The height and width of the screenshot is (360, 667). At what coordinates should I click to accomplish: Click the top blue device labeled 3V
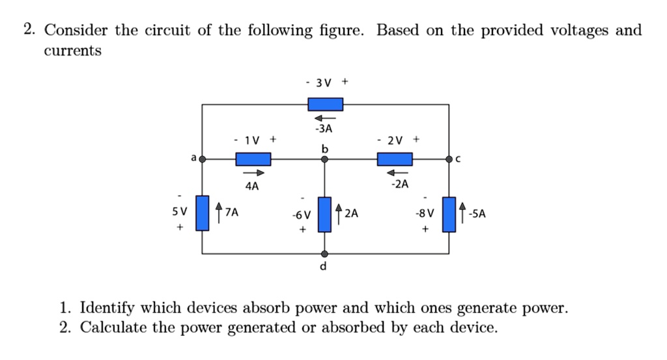point(325,104)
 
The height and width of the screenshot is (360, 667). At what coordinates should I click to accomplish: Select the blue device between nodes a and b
point(253,159)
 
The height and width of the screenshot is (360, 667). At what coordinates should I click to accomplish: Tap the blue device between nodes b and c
point(395,159)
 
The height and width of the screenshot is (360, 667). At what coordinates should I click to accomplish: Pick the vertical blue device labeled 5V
point(203,213)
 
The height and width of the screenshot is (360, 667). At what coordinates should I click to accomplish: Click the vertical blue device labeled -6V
point(325,214)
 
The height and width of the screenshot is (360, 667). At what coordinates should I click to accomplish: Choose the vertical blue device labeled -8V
point(449,214)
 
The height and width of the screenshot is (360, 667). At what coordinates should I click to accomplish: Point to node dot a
point(203,159)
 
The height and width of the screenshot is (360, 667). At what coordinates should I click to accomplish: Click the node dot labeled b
point(325,159)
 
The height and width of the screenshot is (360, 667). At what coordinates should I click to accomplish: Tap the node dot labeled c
point(449,159)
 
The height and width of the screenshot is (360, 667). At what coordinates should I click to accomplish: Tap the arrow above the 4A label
point(255,173)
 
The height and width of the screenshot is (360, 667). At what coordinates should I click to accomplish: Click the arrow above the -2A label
point(395,173)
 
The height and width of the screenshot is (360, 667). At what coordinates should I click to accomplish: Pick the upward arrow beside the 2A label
point(339,212)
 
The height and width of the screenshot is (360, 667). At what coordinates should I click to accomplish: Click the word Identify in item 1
point(108,308)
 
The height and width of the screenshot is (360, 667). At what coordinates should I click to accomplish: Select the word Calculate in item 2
point(113,327)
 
